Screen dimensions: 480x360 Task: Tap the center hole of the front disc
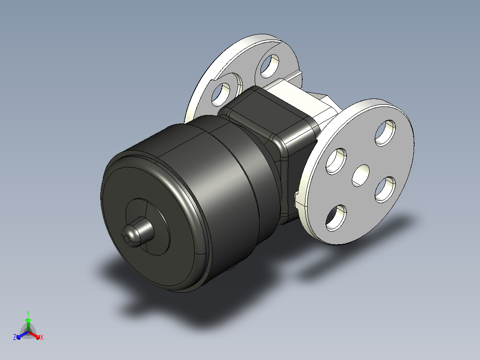click(x=361, y=176)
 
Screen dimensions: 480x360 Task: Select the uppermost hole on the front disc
click(x=386, y=133)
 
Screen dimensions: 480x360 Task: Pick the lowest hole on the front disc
click(x=336, y=218)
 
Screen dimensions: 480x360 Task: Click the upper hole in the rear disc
click(x=270, y=66)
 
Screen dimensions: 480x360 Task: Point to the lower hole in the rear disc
click(x=221, y=94)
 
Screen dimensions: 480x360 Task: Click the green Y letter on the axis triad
click(x=28, y=313)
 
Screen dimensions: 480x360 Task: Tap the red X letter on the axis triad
click(x=42, y=337)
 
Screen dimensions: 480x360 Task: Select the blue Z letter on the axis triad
click(x=14, y=337)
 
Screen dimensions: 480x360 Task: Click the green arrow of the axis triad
click(x=28, y=324)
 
